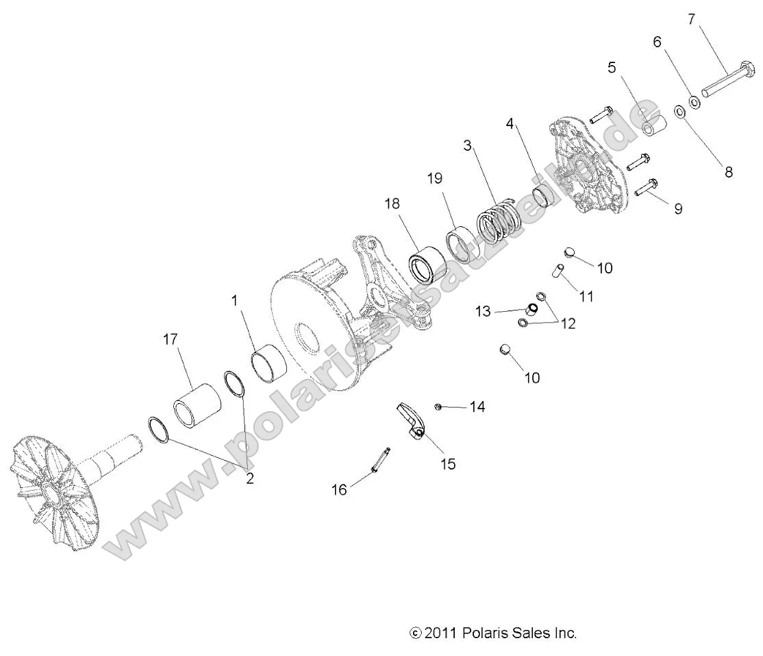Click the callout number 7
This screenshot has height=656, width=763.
coord(692,19)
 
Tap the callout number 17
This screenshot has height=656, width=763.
coord(171,339)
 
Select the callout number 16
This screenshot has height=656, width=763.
coord(339,489)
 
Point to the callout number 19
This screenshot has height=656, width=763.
coord(435,179)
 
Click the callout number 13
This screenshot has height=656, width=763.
coord(483,311)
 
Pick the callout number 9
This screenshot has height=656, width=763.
coord(678,208)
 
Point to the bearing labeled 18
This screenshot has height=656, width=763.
coord(428,263)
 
